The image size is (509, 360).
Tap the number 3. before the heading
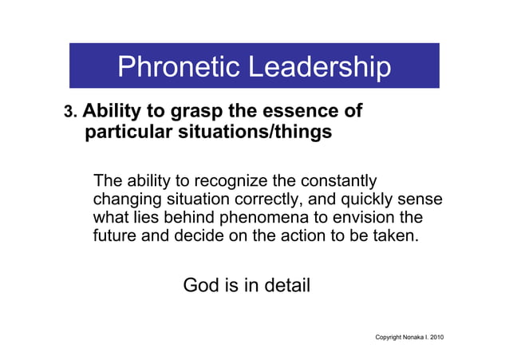[x=70, y=113]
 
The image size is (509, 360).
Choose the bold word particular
[x=129, y=133]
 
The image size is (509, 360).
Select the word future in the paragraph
[x=116, y=237]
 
